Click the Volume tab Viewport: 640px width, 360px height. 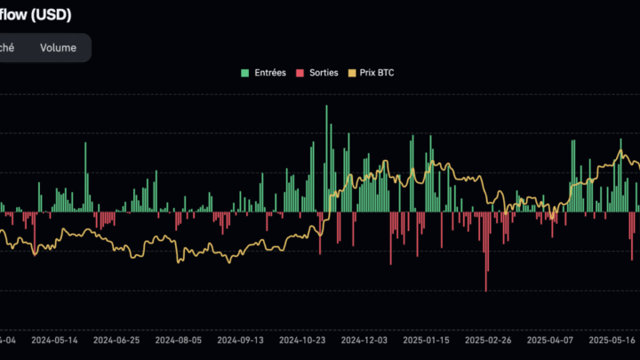58,48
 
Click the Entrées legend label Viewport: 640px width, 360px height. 269,73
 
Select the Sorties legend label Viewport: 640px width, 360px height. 324,73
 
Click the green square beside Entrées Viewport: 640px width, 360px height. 245,73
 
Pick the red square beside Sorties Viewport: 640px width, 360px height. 300,73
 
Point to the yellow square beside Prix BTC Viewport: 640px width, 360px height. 352,73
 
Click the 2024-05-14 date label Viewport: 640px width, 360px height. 54,340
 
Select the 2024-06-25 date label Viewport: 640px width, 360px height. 116,340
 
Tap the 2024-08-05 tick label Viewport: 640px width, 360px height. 179,340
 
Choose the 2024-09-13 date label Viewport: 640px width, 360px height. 241,340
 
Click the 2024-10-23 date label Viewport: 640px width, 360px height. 303,340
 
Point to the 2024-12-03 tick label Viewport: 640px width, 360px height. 365,340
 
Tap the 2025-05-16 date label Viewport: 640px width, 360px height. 612,340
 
